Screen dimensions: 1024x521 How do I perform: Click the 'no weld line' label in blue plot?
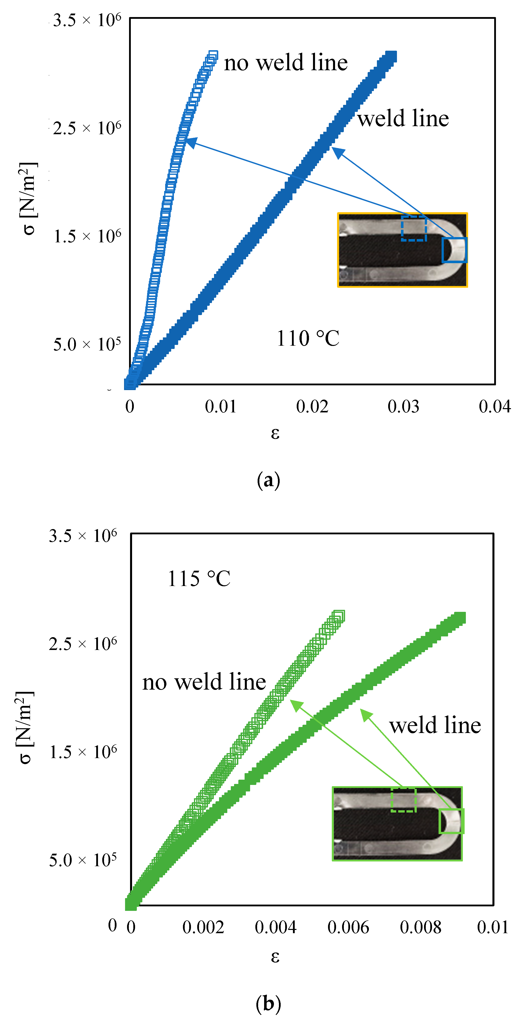click(285, 63)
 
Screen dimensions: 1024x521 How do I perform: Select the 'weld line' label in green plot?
click(435, 725)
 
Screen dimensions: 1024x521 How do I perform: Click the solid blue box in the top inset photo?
click(454, 250)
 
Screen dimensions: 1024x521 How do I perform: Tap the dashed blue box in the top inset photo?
click(413, 229)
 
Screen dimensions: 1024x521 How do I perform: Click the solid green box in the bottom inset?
click(451, 821)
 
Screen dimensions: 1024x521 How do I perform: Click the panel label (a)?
click(268, 480)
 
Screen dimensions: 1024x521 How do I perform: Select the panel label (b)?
click(268, 1003)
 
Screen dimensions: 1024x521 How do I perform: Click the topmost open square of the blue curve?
click(213, 55)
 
